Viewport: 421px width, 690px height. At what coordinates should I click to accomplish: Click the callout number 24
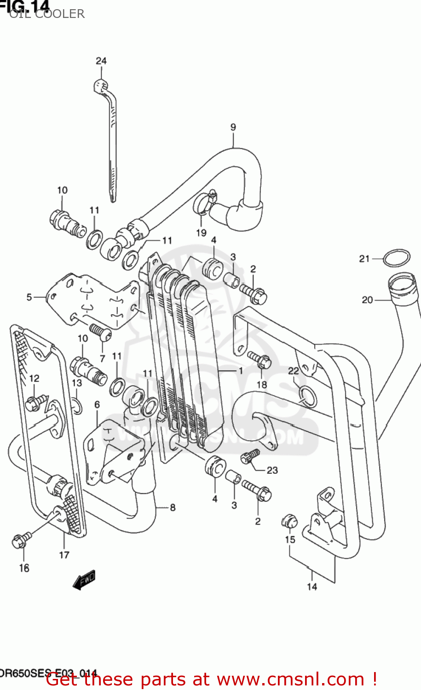click(x=101, y=61)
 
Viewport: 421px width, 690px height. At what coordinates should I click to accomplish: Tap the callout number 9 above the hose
click(x=233, y=127)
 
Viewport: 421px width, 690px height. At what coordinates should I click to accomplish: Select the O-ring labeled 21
click(x=396, y=258)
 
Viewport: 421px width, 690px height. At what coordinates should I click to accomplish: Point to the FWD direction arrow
click(x=84, y=581)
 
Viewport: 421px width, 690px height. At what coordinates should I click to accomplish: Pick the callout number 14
click(x=312, y=586)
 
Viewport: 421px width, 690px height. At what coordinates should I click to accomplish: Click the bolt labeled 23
click(x=250, y=456)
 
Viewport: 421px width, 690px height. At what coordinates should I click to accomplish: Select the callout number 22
click(x=294, y=371)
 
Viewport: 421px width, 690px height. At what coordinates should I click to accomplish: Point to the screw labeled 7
click(x=99, y=332)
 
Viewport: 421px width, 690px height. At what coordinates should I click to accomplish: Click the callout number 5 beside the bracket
click(x=29, y=297)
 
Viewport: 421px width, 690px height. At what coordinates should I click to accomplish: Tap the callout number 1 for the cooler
click(x=240, y=370)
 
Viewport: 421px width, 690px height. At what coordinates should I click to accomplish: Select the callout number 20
click(x=367, y=300)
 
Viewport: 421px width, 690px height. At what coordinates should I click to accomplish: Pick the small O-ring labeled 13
click(x=77, y=407)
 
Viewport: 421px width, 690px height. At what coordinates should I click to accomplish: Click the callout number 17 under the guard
click(x=64, y=555)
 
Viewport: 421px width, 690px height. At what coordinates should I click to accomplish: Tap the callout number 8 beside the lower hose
click(x=173, y=507)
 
